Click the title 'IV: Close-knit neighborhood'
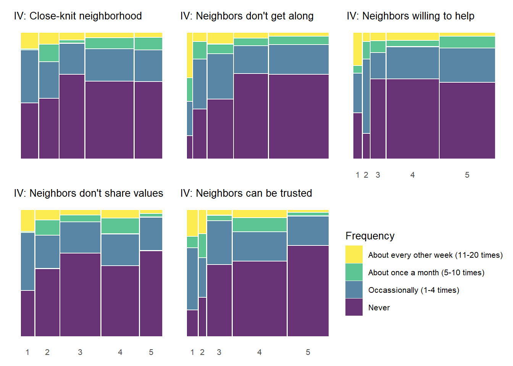(78, 16)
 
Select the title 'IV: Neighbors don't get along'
(247, 16)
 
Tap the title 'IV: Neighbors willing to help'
(411, 16)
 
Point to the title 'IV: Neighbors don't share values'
(89, 193)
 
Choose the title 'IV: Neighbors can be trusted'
(246, 193)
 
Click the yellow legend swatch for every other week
(354, 255)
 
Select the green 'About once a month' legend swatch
(354, 272)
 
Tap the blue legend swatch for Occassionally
(354, 290)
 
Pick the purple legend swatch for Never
(354, 307)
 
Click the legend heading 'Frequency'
(370, 236)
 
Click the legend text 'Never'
(379, 308)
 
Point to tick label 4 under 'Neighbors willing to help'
(413, 175)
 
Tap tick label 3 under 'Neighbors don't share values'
(80, 352)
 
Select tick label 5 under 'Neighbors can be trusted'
(308, 352)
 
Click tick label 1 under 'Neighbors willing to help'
(358, 175)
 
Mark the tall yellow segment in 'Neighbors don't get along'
(190, 55)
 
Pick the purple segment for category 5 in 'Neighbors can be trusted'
(308, 291)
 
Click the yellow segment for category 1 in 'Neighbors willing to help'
(358, 49)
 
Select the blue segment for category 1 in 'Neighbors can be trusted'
(192, 279)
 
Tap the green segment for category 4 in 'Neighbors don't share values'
(120, 226)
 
